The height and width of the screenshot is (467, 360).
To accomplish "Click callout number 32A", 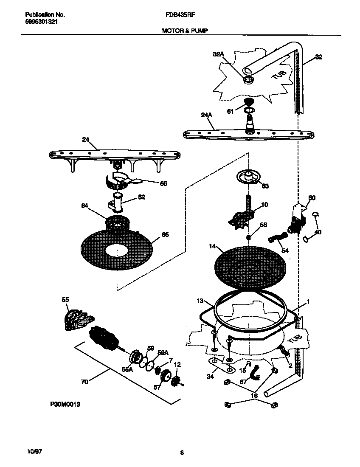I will coord(218,54).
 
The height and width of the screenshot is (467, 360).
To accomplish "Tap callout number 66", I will coord(163,184).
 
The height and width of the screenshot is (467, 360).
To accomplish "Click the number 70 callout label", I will coord(84,382).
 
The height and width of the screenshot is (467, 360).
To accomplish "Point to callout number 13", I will coord(200,301).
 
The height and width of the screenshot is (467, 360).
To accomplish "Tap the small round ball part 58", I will coord(249,236).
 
